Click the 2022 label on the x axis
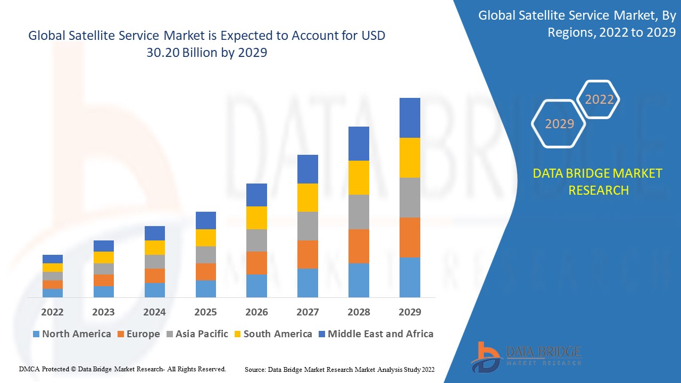52,312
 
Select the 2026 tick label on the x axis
256,312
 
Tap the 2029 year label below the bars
410,312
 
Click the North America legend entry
72,334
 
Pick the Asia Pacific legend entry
197,334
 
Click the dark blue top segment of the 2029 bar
410,118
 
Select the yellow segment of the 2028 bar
359,177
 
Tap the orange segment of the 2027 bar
308,254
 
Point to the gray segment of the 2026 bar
256,240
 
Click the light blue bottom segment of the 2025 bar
206,288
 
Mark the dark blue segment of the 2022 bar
53,259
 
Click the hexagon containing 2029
559,123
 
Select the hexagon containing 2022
599,99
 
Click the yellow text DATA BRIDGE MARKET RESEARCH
598,181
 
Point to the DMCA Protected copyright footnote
122,369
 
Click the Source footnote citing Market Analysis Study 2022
339,369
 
